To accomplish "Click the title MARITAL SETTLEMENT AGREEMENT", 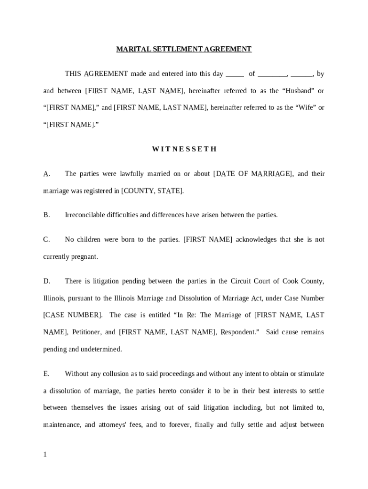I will (x=184, y=49).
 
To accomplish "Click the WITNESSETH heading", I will (x=184, y=149).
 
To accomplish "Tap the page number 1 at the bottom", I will (x=45, y=455).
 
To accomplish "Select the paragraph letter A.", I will (x=47, y=174).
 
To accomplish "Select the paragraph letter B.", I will (x=46, y=215).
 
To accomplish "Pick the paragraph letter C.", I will (x=46, y=239).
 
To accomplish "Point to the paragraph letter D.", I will (x=47, y=281).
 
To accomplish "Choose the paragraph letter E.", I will (x=46, y=374).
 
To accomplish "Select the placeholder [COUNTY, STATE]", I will (x=152, y=191).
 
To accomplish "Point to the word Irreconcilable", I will (x=87, y=215).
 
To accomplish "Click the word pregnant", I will (x=84, y=256).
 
